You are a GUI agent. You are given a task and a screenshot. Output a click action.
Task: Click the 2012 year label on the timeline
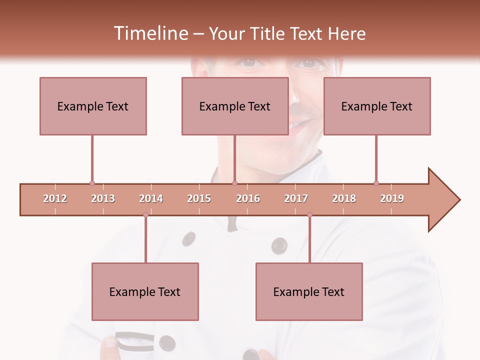point(55,198)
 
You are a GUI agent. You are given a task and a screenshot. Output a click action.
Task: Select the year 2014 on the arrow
point(151,198)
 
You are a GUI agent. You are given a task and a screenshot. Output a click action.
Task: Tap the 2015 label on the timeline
point(199,198)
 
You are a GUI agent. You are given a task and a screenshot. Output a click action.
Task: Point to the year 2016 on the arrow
point(248,198)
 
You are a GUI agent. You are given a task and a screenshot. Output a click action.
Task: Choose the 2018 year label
point(344,198)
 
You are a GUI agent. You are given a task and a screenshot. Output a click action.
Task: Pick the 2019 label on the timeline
point(392,198)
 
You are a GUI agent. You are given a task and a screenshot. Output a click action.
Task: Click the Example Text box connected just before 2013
point(93,106)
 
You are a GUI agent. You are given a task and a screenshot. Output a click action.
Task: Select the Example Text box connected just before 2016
point(235,106)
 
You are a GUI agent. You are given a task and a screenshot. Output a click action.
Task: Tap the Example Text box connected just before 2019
point(377,106)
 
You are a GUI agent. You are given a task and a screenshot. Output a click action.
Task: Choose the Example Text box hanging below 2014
point(145,291)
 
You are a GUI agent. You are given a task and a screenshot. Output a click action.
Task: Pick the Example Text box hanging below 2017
point(309,291)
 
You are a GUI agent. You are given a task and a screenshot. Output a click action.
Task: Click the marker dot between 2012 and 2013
point(92,183)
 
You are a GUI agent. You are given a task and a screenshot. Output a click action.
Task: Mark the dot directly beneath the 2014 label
point(145,215)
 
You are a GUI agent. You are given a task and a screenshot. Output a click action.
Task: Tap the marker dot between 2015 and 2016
point(234,183)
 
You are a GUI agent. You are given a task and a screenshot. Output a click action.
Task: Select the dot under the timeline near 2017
point(309,215)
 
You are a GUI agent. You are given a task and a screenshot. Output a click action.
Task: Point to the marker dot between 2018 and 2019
point(376,183)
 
